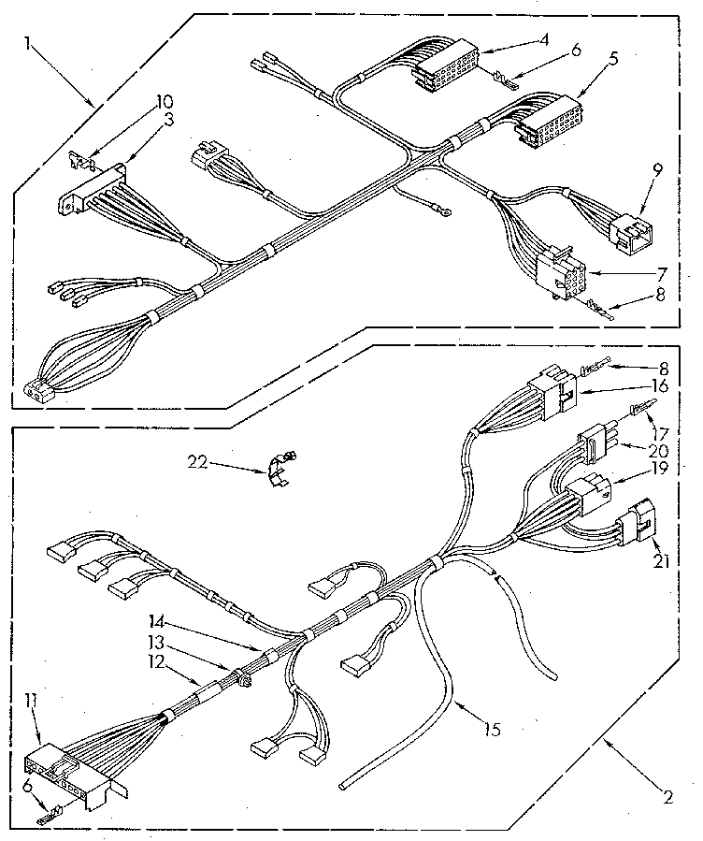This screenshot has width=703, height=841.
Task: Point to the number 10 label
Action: tap(164, 101)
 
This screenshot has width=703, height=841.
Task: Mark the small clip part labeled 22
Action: tap(278, 465)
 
